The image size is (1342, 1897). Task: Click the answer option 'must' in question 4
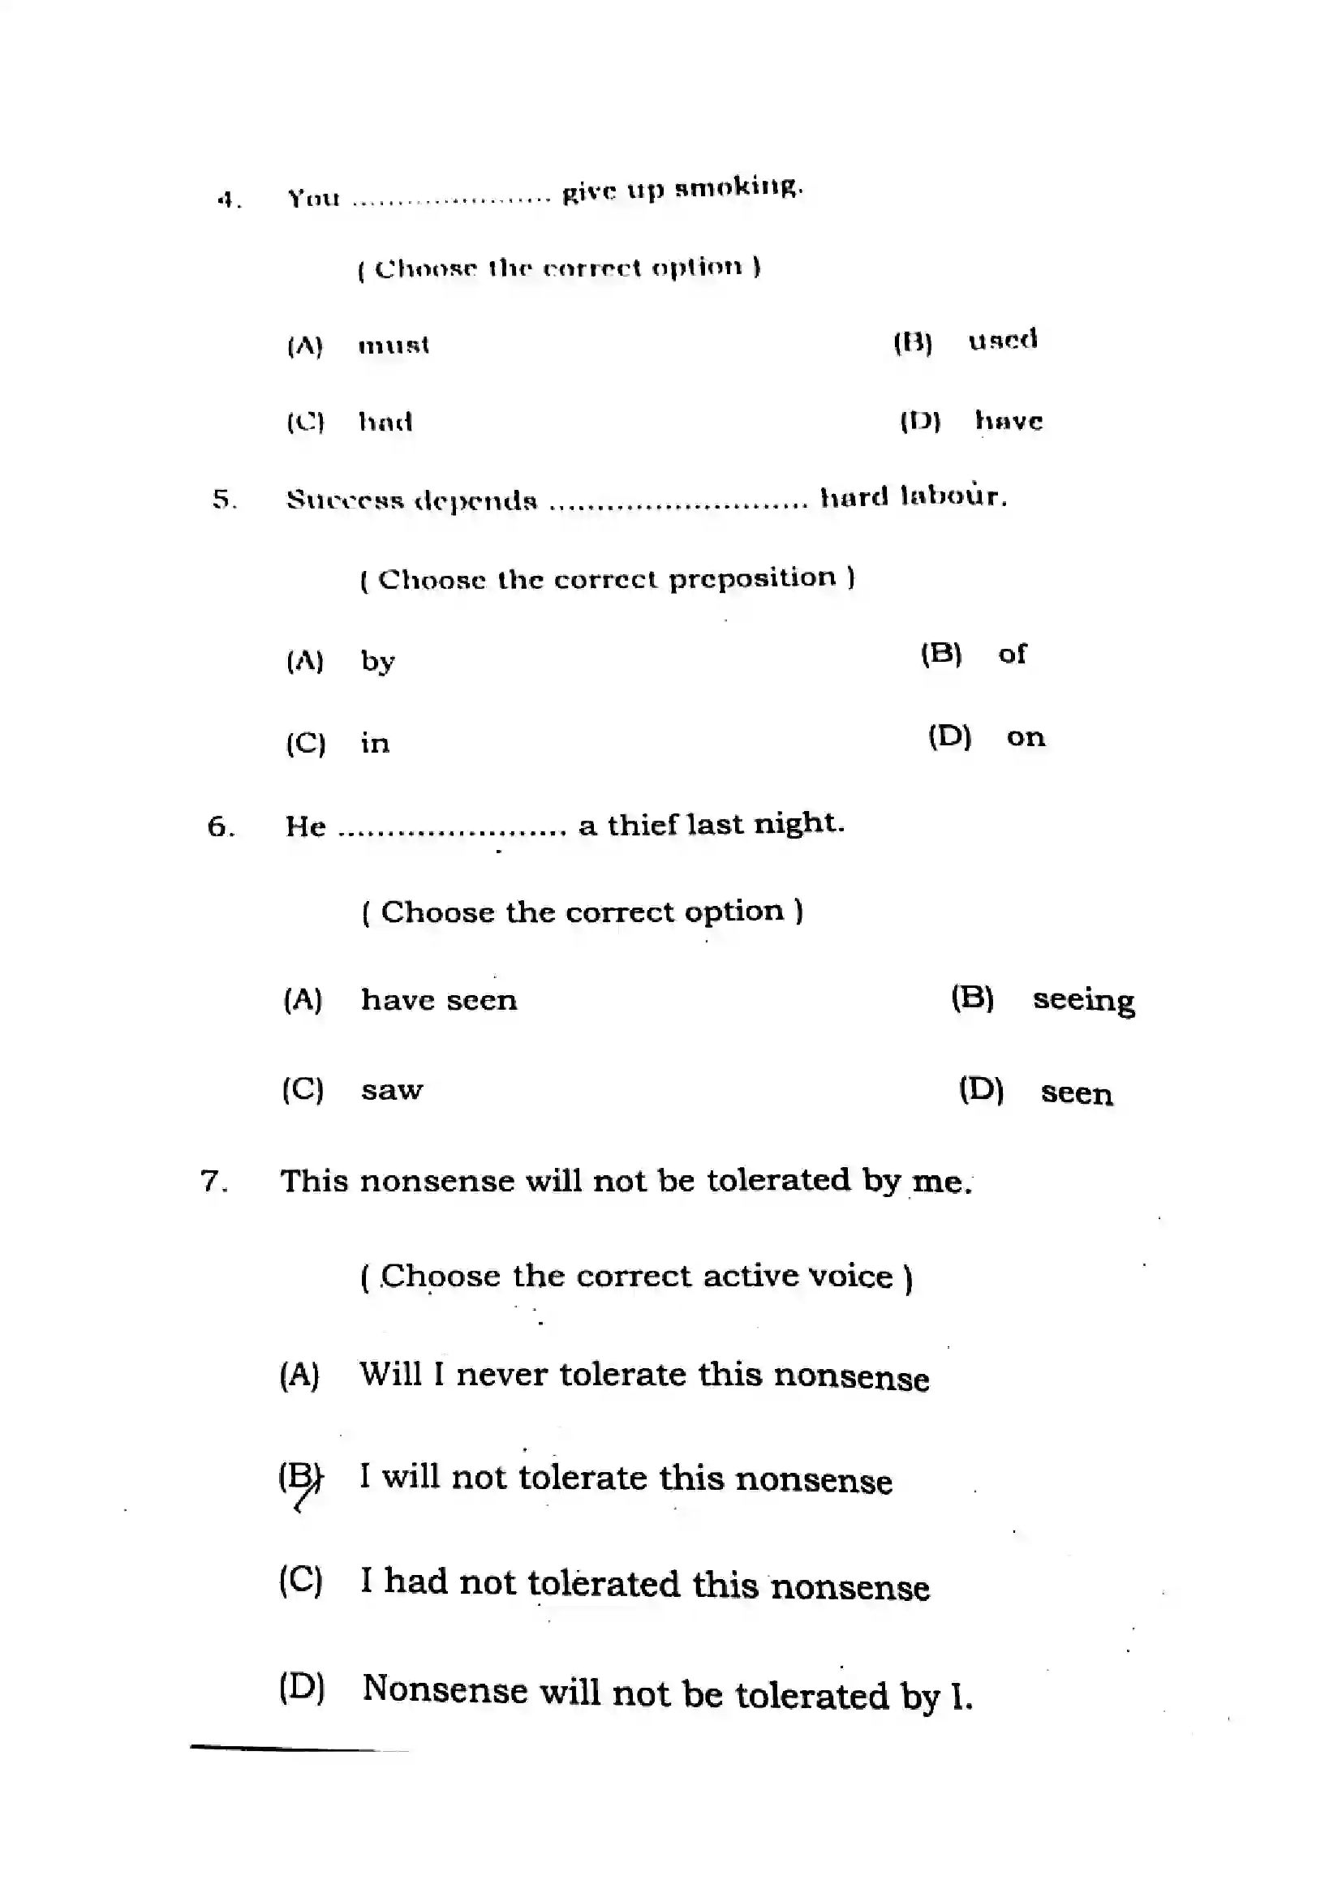[394, 345]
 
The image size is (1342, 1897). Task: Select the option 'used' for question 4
[1002, 340]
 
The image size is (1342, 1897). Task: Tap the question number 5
[223, 499]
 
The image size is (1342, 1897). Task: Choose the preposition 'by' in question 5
[377, 661]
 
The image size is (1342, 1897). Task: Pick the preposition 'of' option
[1012, 654]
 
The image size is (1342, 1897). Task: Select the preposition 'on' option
[1026, 736]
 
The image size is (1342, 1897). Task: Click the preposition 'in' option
[374, 743]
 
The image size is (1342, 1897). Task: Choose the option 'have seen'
[439, 1000]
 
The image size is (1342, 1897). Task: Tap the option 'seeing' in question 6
[1083, 1000]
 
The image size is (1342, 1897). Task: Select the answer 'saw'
[392, 1090]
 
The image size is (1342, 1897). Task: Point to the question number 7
[213, 1182]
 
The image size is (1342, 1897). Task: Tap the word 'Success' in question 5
[345, 500]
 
